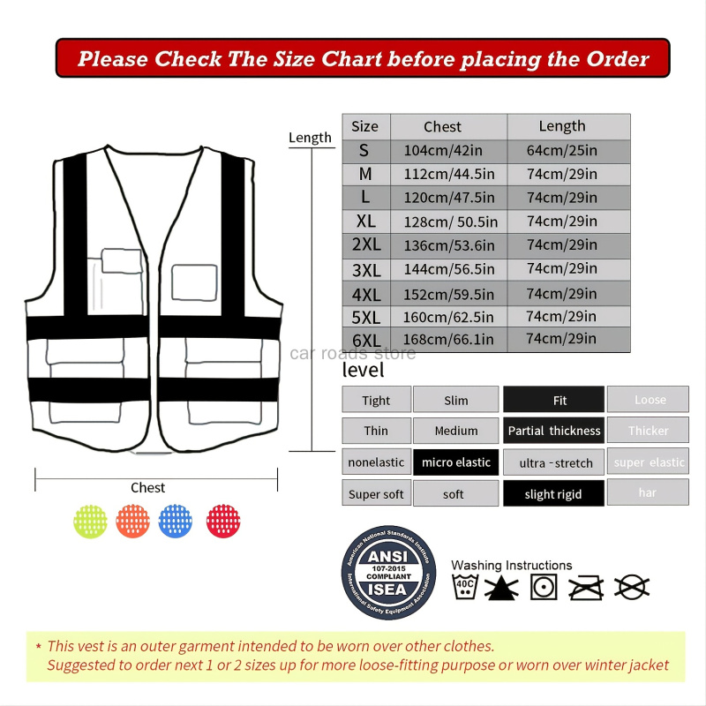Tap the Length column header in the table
[562, 126]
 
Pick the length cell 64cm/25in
[562, 151]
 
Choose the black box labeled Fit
[553, 400]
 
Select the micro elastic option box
[455, 462]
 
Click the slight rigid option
[553, 494]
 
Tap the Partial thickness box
[553, 431]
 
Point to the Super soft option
[376, 494]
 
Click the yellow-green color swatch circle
[90, 520]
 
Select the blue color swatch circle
[175, 520]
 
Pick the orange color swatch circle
[132, 520]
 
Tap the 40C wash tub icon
[465, 586]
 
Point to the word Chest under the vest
[148, 487]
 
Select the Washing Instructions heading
[511, 565]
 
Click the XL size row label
[365, 222]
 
